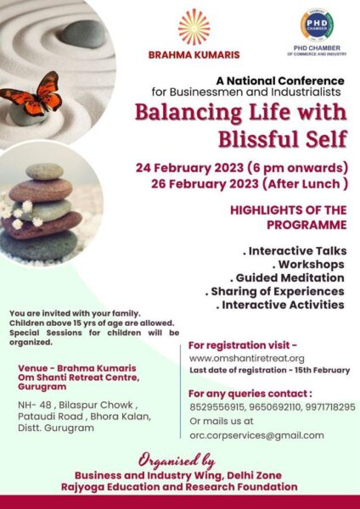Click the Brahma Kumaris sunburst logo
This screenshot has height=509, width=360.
(x=194, y=27)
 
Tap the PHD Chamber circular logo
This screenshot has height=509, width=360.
(x=317, y=25)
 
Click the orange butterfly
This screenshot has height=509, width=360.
(x=32, y=95)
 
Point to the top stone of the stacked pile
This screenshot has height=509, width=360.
(x=44, y=171)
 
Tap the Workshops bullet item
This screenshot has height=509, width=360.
(x=308, y=265)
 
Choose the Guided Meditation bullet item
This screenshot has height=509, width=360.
(x=287, y=278)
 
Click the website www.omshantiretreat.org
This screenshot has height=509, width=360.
(x=247, y=358)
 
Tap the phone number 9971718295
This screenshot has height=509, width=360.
(x=330, y=407)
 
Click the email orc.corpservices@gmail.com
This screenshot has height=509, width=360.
(x=256, y=435)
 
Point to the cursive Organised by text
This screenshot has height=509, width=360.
(x=177, y=461)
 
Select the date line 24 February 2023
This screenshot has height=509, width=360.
(x=189, y=168)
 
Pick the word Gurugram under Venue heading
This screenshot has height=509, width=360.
(x=42, y=387)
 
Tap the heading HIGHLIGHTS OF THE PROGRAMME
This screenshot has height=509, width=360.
(x=289, y=217)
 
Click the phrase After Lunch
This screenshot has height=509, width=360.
(x=303, y=184)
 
